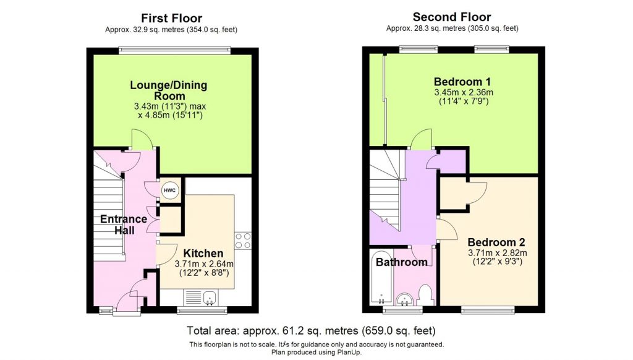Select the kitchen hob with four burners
click(243, 240)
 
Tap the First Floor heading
click(171, 18)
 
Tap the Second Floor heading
click(452, 17)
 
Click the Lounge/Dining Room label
click(168, 90)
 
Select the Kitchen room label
click(203, 253)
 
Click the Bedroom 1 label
click(462, 82)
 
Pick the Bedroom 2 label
click(496, 242)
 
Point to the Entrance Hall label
click(124, 225)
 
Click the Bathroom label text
click(402, 262)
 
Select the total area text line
click(316, 330)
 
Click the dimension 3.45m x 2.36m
click(462, 93)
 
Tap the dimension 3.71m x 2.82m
click(496, 252)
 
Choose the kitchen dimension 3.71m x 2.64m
click(204, 264)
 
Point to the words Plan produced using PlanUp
click(316, 352)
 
